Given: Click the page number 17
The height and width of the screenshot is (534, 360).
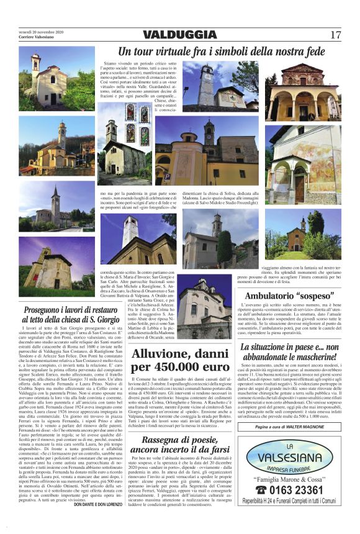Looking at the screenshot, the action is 336,35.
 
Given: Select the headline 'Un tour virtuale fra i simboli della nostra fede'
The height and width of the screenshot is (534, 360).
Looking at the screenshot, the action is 221,51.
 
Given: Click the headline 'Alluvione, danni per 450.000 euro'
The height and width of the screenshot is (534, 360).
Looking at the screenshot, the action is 181,360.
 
